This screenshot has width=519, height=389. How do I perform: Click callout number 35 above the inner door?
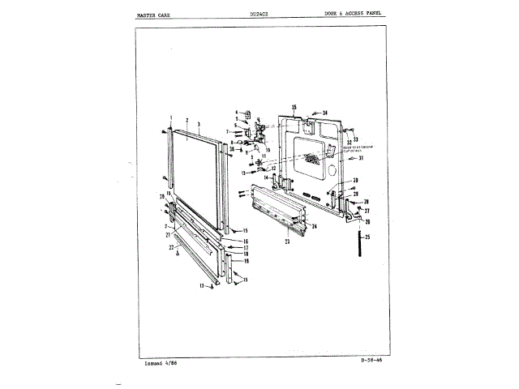pyautogui.click(x=294, y=108)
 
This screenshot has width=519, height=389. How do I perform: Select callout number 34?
pyautogui.click(x=324, y=112)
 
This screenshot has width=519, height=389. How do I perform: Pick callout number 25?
pyautogui.click(x=366, y=237)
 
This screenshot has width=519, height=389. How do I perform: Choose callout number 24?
pyautogui.click(x=314, y=227)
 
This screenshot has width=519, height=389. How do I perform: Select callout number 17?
pyautogui.click(x=245, y=247)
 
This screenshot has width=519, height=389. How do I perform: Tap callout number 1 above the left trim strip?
pyautogui.click(x=171, y=118)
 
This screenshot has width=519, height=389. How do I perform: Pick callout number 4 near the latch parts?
pyautogui.click(x=238, y=112)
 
